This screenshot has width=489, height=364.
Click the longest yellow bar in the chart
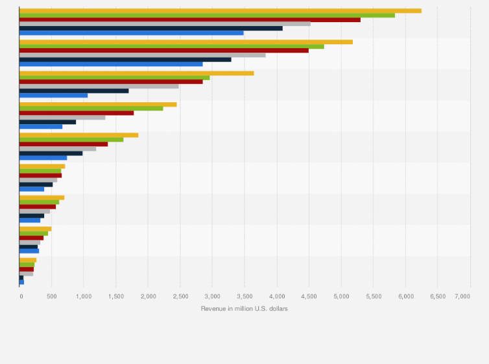click(221, 10)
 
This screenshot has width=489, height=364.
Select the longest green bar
click(208, 15)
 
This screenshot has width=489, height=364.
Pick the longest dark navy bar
click(151, 28)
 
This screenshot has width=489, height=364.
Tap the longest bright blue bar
click(132, 32)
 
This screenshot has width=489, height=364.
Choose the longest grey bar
click(165, 24)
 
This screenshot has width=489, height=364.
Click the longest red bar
click(190, 19)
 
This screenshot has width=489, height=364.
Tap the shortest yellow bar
click(28, 260)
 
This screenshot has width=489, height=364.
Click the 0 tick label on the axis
click(21, 296)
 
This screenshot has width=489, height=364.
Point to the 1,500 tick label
click(116, 296)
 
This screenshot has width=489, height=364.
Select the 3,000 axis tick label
click(212, 296)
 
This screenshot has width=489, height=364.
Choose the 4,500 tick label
click(309, 296)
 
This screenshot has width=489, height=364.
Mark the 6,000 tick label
click(405, 296)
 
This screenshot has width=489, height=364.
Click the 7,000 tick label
click(462, 296)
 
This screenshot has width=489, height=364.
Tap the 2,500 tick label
click(180, 296)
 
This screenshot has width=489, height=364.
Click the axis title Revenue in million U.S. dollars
click(244, 308)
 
